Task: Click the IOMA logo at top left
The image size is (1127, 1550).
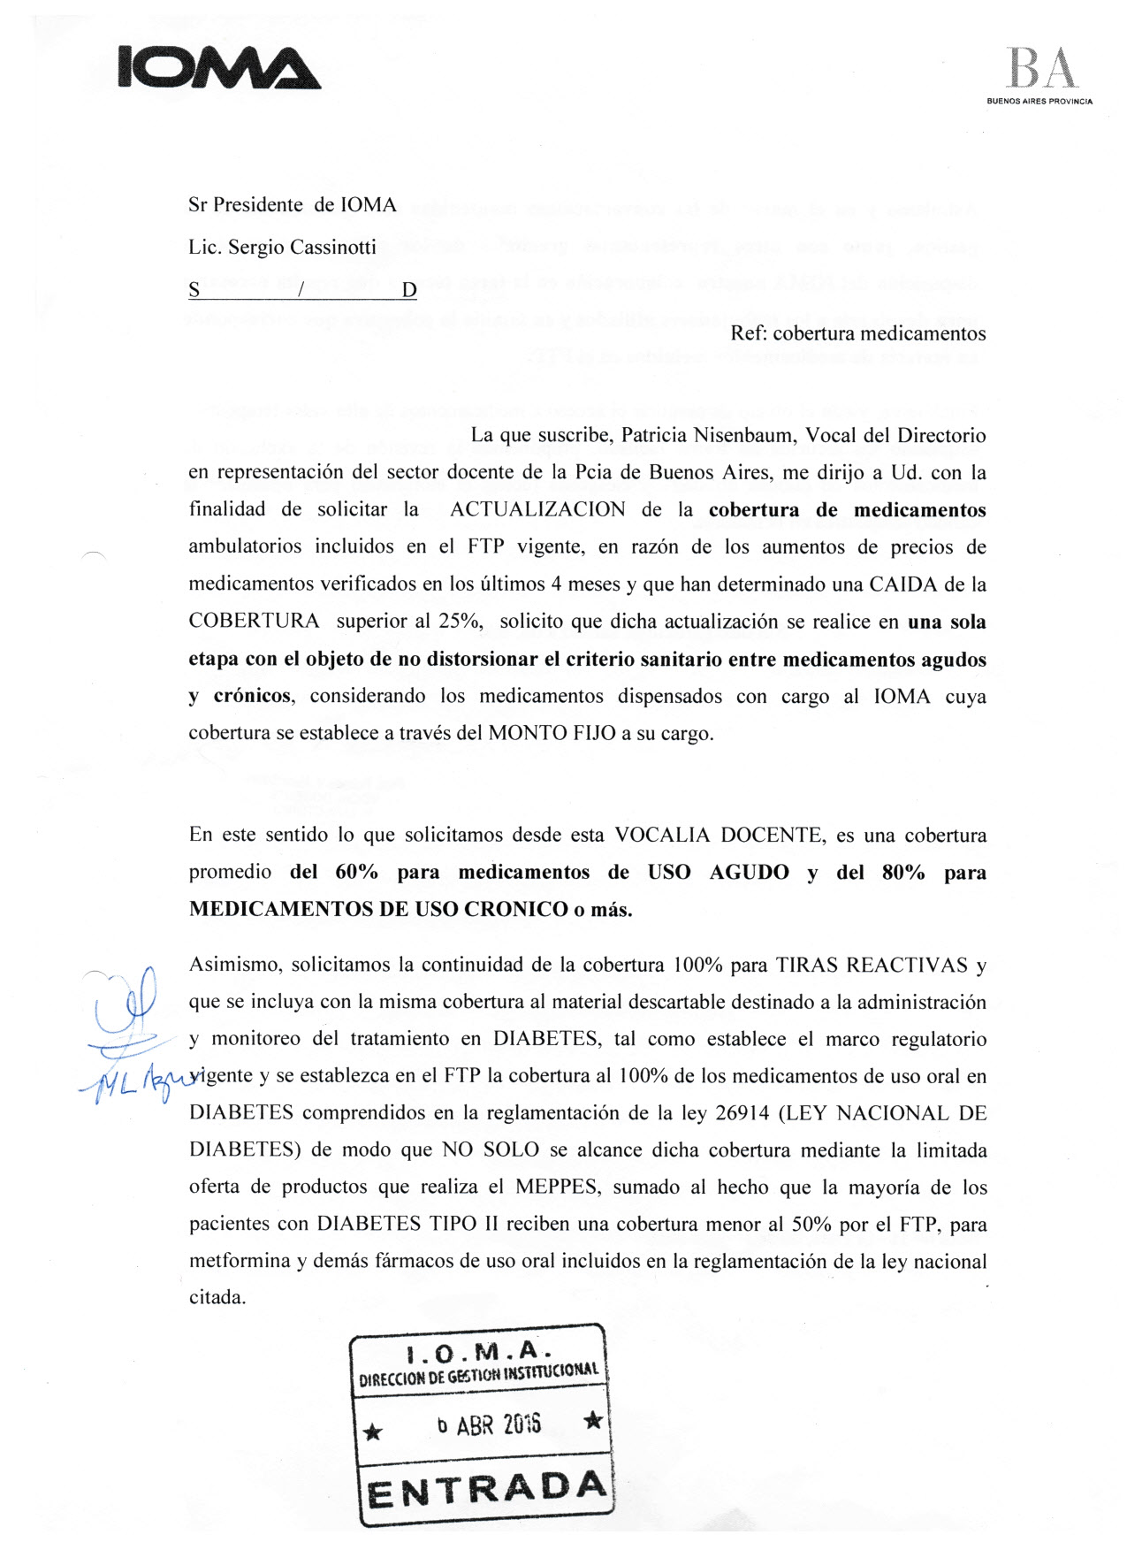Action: click(218, 67)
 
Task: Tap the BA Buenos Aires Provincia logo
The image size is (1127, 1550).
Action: click(1040, 76)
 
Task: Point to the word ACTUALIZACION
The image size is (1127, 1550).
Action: click(537, 509)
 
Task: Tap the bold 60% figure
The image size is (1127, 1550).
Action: click(356, 873)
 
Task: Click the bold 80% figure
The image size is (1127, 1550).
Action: click(902, 873)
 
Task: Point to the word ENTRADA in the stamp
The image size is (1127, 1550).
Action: click(487, 1491)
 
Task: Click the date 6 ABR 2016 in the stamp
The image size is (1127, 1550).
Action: click(489, 1424)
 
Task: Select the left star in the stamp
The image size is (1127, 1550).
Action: click(374, 1431)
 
